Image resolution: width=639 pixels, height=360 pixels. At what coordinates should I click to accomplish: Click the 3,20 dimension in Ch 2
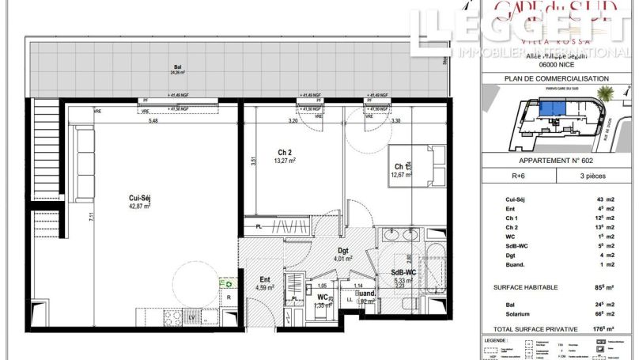point(292,121)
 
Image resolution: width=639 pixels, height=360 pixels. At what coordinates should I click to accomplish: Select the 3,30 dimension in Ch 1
point(396,121)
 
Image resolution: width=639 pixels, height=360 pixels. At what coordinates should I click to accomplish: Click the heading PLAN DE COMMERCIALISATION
point(557,79)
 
